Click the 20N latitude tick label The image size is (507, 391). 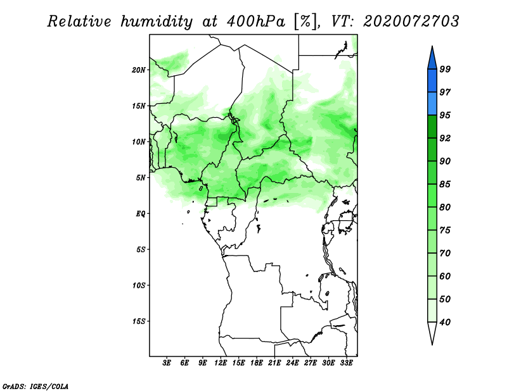[x=139, y=70]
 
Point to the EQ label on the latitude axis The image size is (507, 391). [x=141, y=214]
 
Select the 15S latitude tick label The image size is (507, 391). [x=139, y=321]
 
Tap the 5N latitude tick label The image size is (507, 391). [x=141, y=178]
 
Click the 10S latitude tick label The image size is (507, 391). [x=139, y=285]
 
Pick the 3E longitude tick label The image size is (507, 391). [x=167, y=363]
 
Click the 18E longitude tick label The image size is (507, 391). [x=257, y=363]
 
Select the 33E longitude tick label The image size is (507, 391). [x=346, y=363]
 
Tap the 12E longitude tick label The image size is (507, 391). [x=221, y=363]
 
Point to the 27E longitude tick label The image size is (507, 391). [x=311, y=363]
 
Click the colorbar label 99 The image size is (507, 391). [x=445, y=69]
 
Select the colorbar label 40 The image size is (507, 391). [x=445, y=322]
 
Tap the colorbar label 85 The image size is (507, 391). [x=445, y=184]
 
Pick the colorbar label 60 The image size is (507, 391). [x=445, y=276]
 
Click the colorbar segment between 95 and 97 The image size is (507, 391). [x=432, y=104]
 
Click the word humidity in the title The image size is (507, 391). [x=157, y=22]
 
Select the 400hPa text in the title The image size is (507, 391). [x=256, y=22]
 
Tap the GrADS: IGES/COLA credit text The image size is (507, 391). [x=35, y=387]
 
